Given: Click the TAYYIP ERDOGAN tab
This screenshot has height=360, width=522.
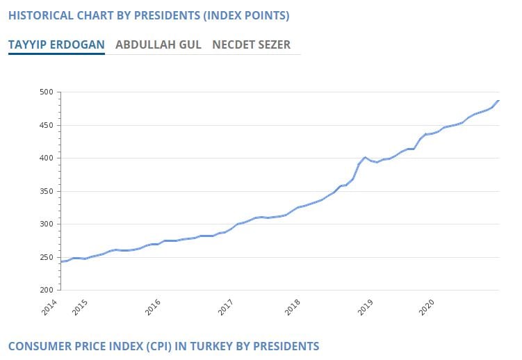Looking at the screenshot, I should tap(56, 45).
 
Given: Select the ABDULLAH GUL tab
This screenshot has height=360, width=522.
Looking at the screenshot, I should tap(158, 45).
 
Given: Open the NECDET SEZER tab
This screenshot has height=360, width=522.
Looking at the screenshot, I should tap(252, 45).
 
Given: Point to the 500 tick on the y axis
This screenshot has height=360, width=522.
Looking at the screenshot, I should tap(47, 92).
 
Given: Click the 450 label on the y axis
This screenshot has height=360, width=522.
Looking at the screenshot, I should tap(47, 126).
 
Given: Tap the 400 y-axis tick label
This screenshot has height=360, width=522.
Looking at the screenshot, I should tap(47, 158).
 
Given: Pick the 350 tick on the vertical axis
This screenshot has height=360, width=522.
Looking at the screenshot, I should tap(47, 192).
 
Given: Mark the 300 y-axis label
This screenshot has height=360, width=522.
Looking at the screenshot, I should tap(47, 224).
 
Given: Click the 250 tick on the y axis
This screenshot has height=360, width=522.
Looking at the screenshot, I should tap(47, 258).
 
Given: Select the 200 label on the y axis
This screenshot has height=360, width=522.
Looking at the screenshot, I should tap(47, 291).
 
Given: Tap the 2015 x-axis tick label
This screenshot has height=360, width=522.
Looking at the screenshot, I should tap(81, 307).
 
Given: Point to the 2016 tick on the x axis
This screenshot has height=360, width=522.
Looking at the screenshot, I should tap(153, 307).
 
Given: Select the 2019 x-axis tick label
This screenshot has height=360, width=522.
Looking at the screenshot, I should tap(366, 307).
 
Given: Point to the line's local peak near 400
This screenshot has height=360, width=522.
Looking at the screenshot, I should tap(364, 158).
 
